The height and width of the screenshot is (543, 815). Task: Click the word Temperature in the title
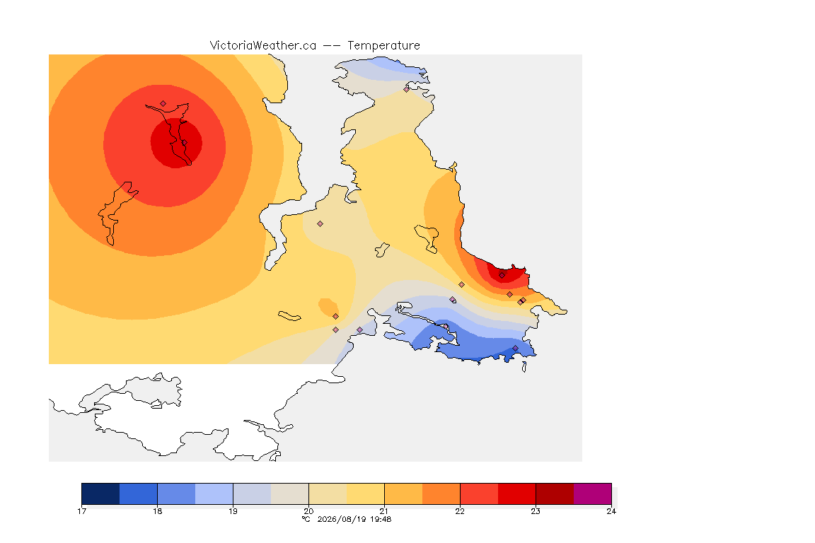(x=383, y=46)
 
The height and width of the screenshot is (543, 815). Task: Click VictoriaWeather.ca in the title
(x=263, y=46)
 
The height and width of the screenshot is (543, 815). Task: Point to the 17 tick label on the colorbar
(x=81, y=511)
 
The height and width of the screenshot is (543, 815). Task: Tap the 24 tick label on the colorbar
(x=611, y=511)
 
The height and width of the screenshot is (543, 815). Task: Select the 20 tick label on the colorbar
(x=308, y=511)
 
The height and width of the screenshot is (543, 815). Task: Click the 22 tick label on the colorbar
(x=460, y=511)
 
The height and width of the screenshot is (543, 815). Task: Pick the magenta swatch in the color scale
(x=593, y=494)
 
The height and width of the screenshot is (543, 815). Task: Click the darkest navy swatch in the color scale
(x=101, y=494)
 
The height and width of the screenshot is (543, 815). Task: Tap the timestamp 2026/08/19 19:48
(x=354, y=519)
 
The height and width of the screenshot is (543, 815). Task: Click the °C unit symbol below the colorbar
(x=306, y=519)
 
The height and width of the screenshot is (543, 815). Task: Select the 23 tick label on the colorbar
(x=536, y=511)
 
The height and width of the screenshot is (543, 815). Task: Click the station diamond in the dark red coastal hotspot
(x=502, y=275)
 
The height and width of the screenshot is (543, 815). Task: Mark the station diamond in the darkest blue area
(x=515, y=348)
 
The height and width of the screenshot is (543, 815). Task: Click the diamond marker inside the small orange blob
(x=336, y=317)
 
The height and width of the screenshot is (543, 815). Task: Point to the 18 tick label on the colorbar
(x=158, y=511)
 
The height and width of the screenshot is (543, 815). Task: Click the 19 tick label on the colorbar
(x=233, y=511)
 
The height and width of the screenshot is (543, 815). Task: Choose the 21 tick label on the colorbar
(x=384, y=511)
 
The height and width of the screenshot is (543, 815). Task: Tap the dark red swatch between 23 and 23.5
(x=555, y=494)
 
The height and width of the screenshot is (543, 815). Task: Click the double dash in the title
(x=332, y=46)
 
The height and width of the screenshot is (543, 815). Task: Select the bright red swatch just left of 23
(x=516, y=494)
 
